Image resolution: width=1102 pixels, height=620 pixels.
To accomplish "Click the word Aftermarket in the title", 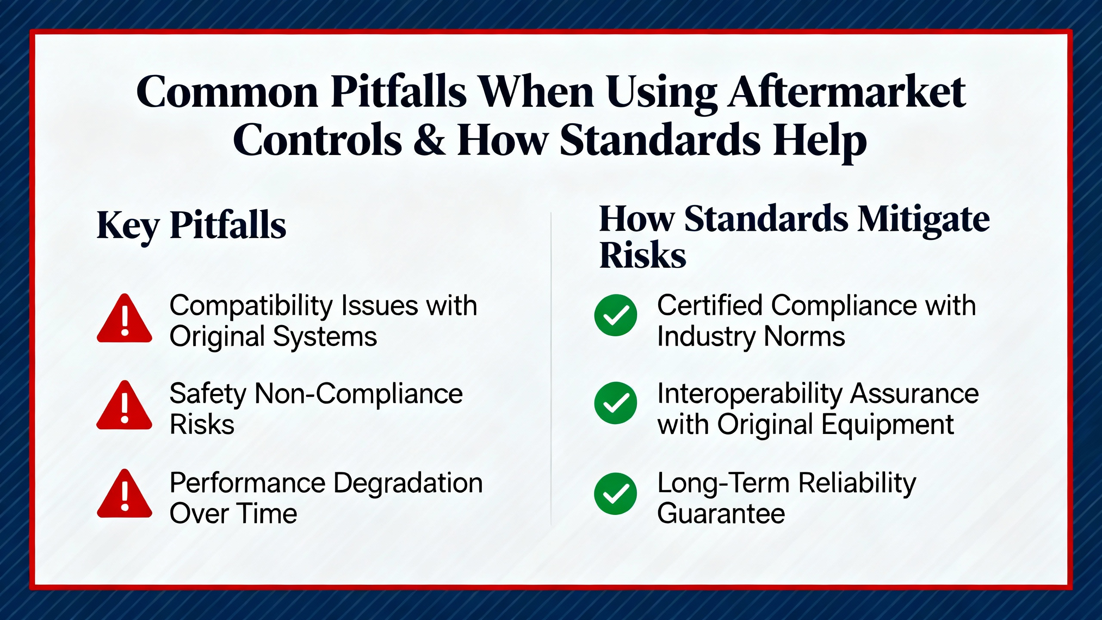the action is pos(847,92).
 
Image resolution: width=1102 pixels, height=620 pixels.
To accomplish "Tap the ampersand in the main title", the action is pos(429,140).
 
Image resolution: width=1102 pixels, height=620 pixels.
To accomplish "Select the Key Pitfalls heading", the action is pos(192,225).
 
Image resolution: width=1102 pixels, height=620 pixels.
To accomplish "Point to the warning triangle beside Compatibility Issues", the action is pos(124,319).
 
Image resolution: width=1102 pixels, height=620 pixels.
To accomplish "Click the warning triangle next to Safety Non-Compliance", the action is pos(124,406).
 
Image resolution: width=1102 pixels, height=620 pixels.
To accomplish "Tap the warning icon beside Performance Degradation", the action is pos(124,494).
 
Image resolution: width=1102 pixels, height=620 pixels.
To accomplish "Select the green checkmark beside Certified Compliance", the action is pos(616,315).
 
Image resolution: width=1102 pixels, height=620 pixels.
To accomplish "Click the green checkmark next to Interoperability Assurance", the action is pos(616,403).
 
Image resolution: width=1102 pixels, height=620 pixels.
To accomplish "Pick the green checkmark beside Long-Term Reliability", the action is pos(616,494).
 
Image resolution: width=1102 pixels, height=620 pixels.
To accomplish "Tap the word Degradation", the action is pos(408,483).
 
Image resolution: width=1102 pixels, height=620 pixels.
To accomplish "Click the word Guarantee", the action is pos(721,514).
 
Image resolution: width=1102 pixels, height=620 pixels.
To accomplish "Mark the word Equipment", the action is pos(888,425).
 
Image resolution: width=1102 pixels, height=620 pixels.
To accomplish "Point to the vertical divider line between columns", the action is pos(551,369).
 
